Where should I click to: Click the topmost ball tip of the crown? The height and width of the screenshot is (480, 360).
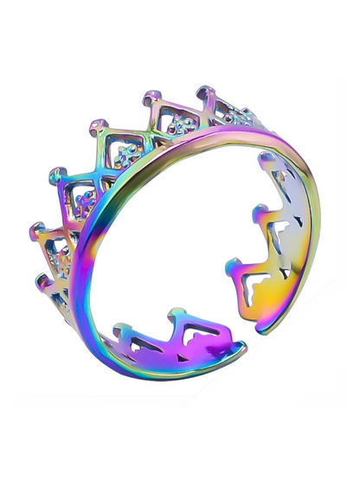coord(204,92)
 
